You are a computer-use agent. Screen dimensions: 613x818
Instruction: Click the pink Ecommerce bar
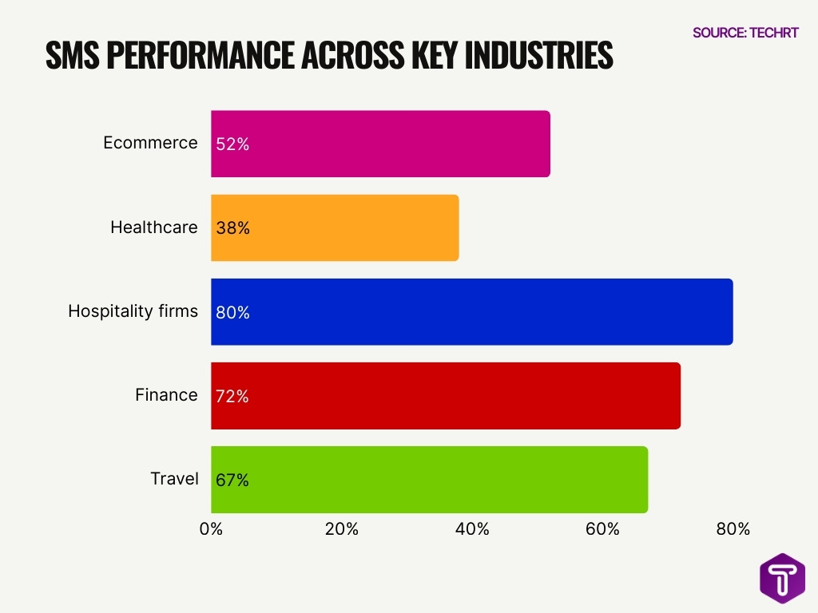pyautogui.click(x=380, y=144)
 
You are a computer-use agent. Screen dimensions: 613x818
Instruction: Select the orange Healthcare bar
pyautogui.click(x=335, y=227)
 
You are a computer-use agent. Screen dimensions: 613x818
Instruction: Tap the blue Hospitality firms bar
pyautogui.click(x=471, y=312)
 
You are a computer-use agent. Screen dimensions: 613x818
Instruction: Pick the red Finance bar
pyautogui.click(x=446, y=396)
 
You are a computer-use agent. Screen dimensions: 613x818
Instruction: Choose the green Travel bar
pyautogui.click(x=429, y=480)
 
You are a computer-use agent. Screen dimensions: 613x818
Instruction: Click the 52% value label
pyautogui.click(x=232, y=144)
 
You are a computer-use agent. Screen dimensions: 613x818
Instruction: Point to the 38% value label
pyautogui.click(x=232, y=228)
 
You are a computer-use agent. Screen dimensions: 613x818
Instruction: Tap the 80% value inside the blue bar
pyautogui.click(x=232, y=313)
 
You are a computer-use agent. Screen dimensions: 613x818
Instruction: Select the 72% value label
pyautogui.click(x=232, y=397)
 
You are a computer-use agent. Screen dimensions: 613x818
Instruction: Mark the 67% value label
pyautogui.click(x=232, y=481)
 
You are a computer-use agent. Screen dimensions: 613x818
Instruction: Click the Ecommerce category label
pyautogui.click(x=150, y=143)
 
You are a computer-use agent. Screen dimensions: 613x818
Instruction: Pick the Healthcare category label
pyautogui.click(x=153, y=227)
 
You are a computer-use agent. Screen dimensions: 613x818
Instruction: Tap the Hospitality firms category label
pyautogui.click(x=133, y=311)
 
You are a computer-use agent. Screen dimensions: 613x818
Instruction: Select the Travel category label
pyautogui.click(x=174, y=479)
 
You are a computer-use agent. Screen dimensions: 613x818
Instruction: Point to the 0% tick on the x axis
pyautogui.click(x=211, y=529)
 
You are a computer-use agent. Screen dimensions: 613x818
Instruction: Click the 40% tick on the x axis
pyautogui.click(x=472, y=529)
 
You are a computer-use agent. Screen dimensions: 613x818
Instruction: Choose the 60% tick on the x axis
pyautogui.click(x=602, y=529)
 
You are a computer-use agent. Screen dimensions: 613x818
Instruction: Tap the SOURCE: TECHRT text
pyautogui.click(x=745, y=33)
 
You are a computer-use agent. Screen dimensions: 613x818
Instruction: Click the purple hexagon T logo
pyautogui.click(x=782, y=577)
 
